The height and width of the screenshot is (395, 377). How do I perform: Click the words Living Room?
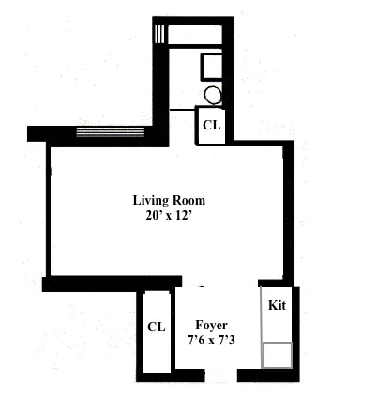pos(168,200)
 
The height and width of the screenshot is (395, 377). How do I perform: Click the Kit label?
pos(277,305)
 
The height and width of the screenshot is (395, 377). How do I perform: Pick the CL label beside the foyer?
pos(156,327)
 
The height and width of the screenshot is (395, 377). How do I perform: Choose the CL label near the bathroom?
pos(211,124)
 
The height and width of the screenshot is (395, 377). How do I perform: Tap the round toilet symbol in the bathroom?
pos(213,95)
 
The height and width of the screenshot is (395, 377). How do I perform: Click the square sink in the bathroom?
pos(213,67)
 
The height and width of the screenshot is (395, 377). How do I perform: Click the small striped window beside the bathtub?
pos(160,35)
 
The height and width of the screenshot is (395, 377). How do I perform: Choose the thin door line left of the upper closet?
pos(182,110)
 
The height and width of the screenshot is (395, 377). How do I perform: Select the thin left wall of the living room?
pos(45,211)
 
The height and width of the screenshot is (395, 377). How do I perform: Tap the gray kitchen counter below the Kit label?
pos(277,328)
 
